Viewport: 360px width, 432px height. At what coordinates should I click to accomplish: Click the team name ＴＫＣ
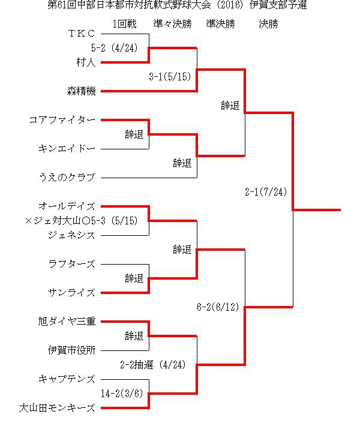(x=82, y=34)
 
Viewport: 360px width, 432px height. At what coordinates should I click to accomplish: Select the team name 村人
(x=86, y=62)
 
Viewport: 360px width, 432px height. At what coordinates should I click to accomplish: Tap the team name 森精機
(x=82, y=91)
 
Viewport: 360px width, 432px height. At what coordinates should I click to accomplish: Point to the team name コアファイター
(x=62, y=120)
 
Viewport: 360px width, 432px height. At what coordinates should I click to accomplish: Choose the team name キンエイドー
(x=67, y=149)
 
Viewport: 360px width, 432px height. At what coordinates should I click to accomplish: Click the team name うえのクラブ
(x=67, y=177)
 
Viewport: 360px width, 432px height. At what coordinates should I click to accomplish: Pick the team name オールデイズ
(x=67, y=206)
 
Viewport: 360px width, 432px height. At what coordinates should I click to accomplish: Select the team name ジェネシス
(x=71, y=235)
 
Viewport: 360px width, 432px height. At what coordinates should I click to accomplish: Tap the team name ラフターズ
(x=71, y=264)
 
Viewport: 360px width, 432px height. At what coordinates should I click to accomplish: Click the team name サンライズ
(x=71, y=293)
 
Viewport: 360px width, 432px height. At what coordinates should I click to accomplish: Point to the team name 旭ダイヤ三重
(x=67, y=321)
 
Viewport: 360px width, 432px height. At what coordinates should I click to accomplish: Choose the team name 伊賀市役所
(x=71, y=350)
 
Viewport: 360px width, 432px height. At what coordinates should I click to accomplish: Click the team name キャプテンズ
(x=67, y=379)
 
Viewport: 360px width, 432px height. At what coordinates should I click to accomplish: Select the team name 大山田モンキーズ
(x=57, y=408)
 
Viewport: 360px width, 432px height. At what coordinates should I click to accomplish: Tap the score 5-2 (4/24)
(x=115, y=48)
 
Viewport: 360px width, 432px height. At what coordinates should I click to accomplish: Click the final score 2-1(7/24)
(x=266, y=192)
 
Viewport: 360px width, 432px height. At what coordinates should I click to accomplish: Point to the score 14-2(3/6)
(x=122, y=394)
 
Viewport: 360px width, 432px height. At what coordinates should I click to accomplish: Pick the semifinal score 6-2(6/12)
(x=218, y=307)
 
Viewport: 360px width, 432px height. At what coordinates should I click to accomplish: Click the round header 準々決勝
(x=172, y=24)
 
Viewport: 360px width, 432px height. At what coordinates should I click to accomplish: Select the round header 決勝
(x=269, y=24)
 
